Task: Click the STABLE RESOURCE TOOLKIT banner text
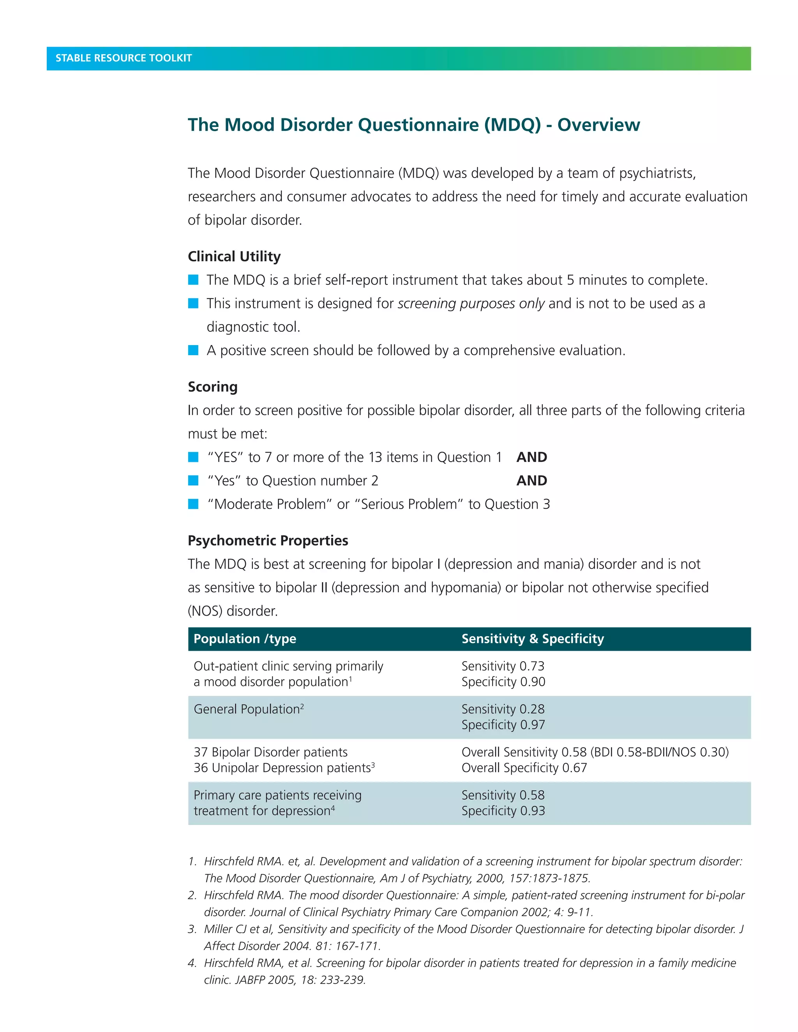click(124, 58)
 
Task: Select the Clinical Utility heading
click(234, 257)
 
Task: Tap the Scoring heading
click(212, 387)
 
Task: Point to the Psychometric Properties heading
click(268, 541)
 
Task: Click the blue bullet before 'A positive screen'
click(193, 350)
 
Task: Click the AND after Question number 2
click(531, 481)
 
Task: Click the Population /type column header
click(244, 639)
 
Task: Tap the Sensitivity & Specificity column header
click(532, 639)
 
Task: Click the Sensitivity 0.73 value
click(503, 666)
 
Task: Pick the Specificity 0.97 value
click(503, 725)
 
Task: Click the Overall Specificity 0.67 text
click(524, 768)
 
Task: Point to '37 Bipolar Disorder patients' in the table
click(270, 752)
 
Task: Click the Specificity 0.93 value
click(503, 811)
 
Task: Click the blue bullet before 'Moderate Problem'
click(193, 504)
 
